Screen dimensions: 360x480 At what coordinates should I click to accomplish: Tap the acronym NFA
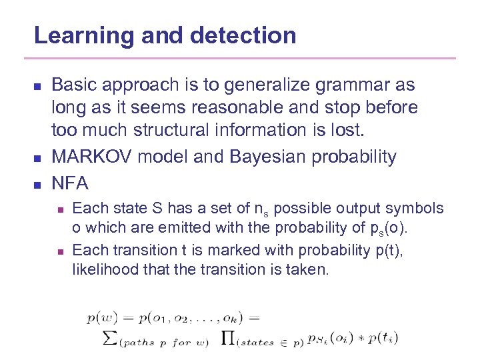point(69,181)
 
